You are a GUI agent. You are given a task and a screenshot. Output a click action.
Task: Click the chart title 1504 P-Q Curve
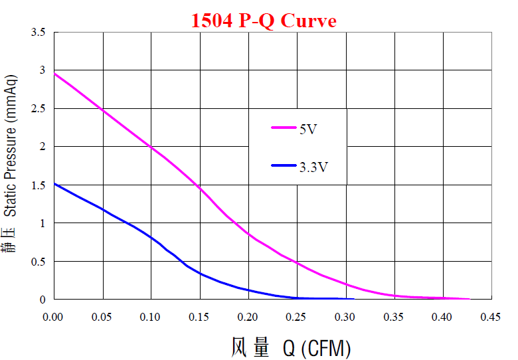click(264, 21)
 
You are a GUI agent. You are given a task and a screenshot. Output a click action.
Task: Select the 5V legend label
click(307, 128)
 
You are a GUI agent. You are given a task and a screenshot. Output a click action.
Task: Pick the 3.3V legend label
click(313, 167)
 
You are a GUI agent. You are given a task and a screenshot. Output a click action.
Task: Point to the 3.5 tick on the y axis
click(38, 32)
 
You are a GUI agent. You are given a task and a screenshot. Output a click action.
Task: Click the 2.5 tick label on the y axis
click(38, 108)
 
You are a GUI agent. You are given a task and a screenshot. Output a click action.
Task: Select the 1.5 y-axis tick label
click(38, 185)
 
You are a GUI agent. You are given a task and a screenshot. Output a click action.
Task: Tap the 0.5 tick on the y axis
click(38, 262)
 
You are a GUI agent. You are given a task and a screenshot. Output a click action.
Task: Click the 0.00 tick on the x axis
click(54, 317)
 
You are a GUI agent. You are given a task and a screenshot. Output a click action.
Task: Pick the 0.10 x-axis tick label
click(151, 317)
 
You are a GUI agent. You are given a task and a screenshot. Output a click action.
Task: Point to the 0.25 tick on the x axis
click(297, 317)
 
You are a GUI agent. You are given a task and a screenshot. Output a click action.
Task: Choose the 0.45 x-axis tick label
click(491, 317)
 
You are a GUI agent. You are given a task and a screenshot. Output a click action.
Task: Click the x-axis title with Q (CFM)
click(291, 347)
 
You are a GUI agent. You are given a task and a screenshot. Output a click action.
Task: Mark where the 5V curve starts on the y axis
click(54, 73)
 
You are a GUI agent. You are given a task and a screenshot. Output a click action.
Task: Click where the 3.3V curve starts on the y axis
click(54, 183)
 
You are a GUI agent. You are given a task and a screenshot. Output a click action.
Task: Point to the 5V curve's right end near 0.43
click(470, 299)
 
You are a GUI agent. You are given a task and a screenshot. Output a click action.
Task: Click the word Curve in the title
click(308, 21)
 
